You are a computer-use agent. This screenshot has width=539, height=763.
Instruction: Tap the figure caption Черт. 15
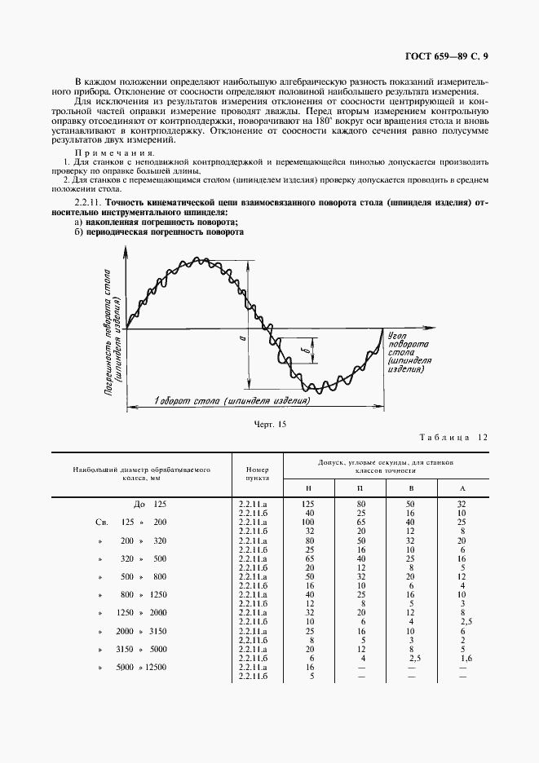tap(271, 425)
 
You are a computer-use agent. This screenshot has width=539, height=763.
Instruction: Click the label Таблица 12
tap(453, 438)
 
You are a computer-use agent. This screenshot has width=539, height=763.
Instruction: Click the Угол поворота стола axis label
tap(406, 351)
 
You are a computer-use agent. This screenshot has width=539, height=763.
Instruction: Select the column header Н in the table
tap(308, 487)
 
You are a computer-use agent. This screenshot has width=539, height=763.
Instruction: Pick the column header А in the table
tap(462, 487)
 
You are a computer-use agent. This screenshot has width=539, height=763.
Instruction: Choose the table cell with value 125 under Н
tap(308, 505)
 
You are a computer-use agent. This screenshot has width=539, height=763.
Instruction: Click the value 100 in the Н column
tap(308, 521)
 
